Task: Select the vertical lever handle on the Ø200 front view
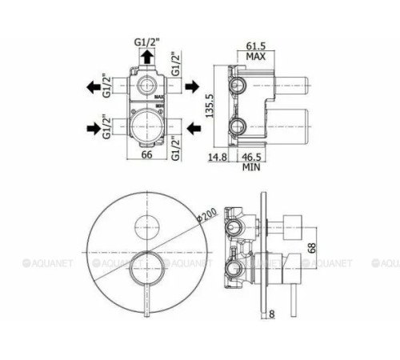tap(146, 292)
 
